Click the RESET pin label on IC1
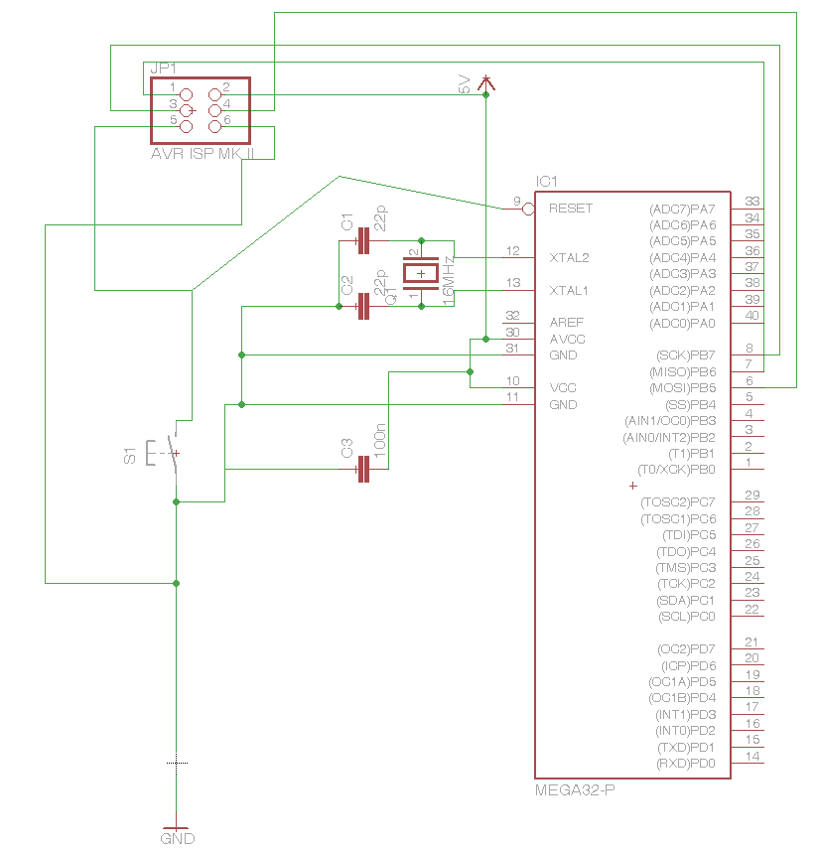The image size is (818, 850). [570, 209]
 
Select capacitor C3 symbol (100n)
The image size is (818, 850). [362, 470]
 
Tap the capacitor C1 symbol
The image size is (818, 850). [362, 240]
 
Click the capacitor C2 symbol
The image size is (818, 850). [362, 306]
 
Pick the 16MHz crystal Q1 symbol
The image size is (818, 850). [422, 273]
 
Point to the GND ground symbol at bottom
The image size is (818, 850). [176, 830]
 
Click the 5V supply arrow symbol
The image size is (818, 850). [485, 83]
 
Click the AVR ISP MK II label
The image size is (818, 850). [203, 155]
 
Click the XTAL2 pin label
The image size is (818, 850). [569, 257]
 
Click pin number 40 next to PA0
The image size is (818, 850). [751, 316]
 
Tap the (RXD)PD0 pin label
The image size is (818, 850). [685, 763]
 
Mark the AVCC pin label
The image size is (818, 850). [567, 339]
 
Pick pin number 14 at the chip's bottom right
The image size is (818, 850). [751, 757]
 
